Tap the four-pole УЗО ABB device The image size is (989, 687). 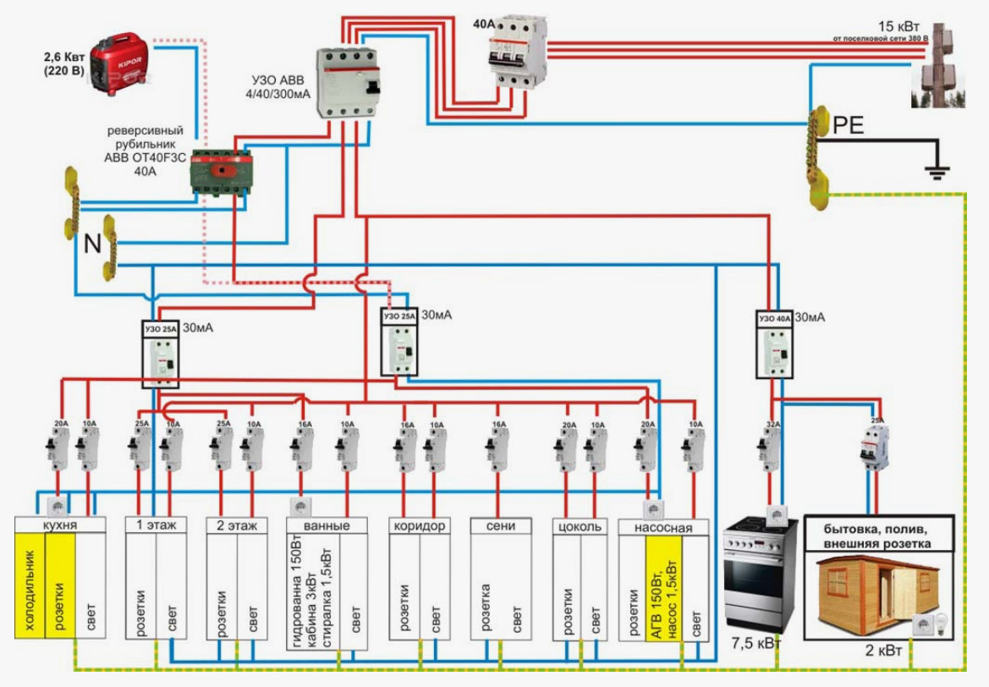(348, 82)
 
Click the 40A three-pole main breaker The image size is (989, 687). (517, 52)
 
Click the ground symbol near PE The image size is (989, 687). (935, 172)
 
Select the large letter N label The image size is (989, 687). (93, 244)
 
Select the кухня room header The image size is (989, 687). (60, 525)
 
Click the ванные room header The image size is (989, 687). (327, 525)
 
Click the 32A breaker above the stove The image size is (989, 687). (770, 447)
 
